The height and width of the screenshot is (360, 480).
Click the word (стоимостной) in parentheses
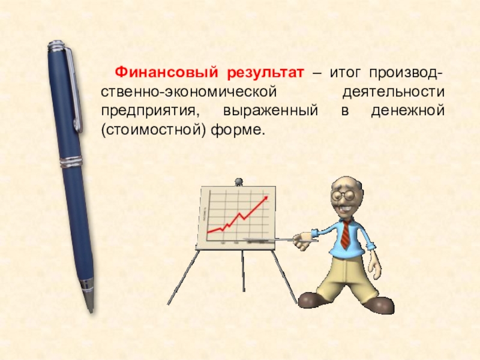click(x=152, y=130)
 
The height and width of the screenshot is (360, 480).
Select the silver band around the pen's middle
click(x=71, y=162)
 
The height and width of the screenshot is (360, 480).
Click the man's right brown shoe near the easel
click(x=313, y=298)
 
